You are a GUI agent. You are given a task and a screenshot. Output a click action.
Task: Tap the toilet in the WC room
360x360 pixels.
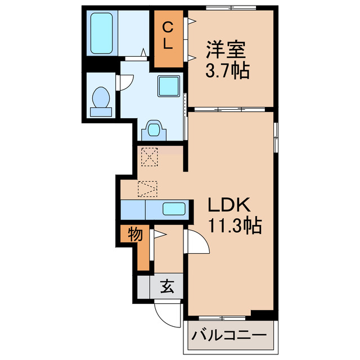pos(101,100)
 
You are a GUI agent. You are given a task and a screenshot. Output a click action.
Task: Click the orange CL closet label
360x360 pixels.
pos(168,35)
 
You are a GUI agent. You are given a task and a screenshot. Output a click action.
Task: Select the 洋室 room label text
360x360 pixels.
pos(226,51)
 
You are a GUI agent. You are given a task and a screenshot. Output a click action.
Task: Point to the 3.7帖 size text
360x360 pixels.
pos(226,71)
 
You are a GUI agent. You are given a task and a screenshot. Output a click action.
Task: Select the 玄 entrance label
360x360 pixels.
pos(167,287)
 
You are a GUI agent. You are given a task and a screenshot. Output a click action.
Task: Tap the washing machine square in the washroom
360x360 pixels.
pos(168,85)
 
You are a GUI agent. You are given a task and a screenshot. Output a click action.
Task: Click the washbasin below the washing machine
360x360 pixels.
pos(154,130)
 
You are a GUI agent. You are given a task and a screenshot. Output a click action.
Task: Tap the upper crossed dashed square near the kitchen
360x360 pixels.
pos(150,156)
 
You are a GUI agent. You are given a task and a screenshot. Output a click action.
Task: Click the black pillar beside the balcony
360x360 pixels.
pos(262,314)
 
